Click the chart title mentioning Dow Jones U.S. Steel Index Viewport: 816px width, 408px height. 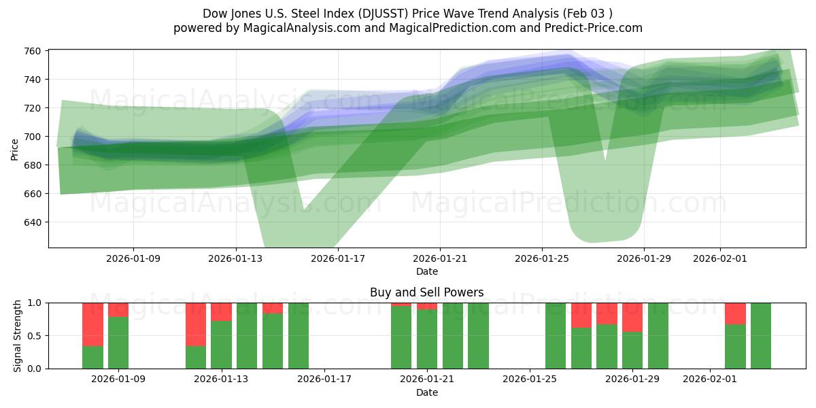click(407, 14)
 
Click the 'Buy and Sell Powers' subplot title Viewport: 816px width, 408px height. click(426, 292)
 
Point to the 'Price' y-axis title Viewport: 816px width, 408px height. click(15, 148)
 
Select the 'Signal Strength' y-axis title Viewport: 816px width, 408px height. click(18, 335)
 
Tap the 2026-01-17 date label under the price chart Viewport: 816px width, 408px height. click(337, 258)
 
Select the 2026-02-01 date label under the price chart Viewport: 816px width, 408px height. click(720, 258)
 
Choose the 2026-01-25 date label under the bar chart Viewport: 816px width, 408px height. click(529, 379)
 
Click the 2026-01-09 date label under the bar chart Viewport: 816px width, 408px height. click(118, 379)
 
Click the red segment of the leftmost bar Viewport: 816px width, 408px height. click(92, 324)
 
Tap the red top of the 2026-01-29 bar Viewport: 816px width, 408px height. click(632, 317)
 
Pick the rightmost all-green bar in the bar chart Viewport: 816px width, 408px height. click(760, 335)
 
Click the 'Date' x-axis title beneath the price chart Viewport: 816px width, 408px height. click(426, 272)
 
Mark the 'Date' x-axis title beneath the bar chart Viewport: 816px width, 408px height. click(426, 392)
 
